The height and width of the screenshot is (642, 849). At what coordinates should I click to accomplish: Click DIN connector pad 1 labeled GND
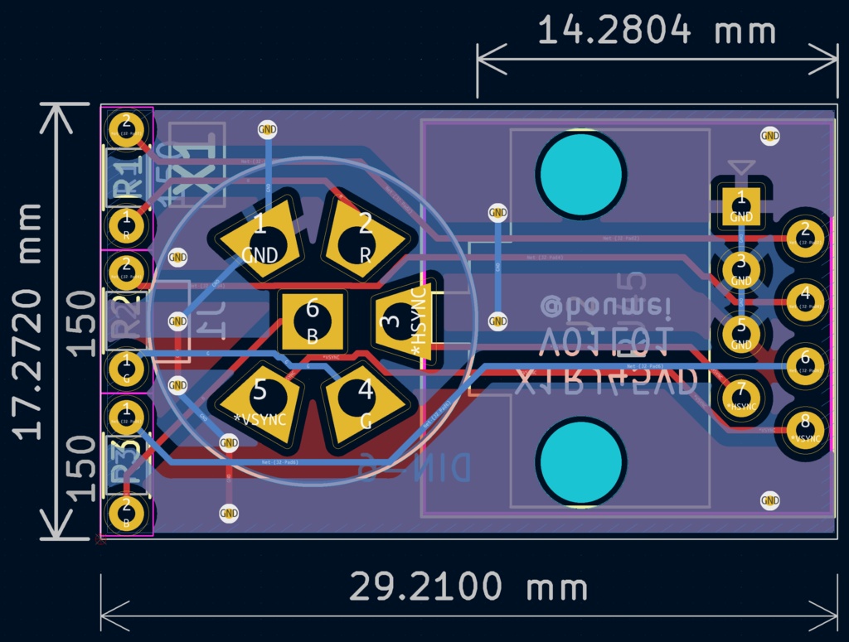tap(258, 237)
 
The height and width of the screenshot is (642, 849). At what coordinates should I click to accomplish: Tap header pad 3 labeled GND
tap(741, 269)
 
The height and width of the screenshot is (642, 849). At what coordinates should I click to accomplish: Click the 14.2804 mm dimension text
tap(657, 31)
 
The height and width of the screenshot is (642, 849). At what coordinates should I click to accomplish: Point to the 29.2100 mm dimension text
tap(468, 587)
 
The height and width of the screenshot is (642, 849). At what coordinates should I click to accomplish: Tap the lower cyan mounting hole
tap(580, 462)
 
